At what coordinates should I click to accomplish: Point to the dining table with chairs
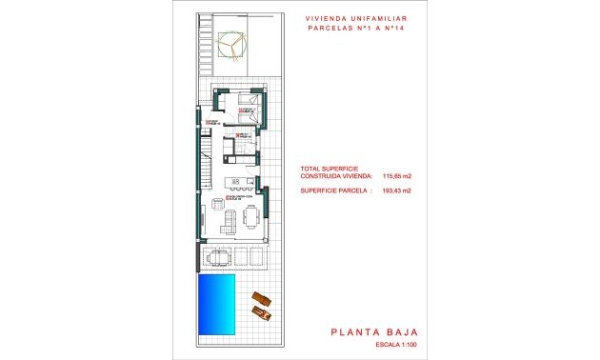click(250, 217)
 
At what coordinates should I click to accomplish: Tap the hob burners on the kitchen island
click(234, 182)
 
